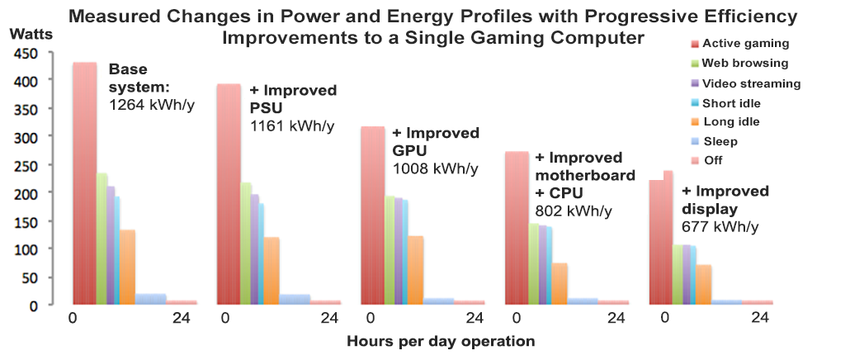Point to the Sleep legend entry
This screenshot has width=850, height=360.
(720, 141)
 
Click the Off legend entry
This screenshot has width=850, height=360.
(714, 160)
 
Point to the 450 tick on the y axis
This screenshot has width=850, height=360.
(26, 54)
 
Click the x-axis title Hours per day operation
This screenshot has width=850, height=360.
(441, 340)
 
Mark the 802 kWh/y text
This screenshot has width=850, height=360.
(574, 211)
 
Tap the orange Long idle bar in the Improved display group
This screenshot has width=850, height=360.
(703, 284)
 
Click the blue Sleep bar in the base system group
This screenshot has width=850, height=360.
(150, 299)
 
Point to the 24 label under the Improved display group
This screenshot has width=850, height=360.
(760, 319)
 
